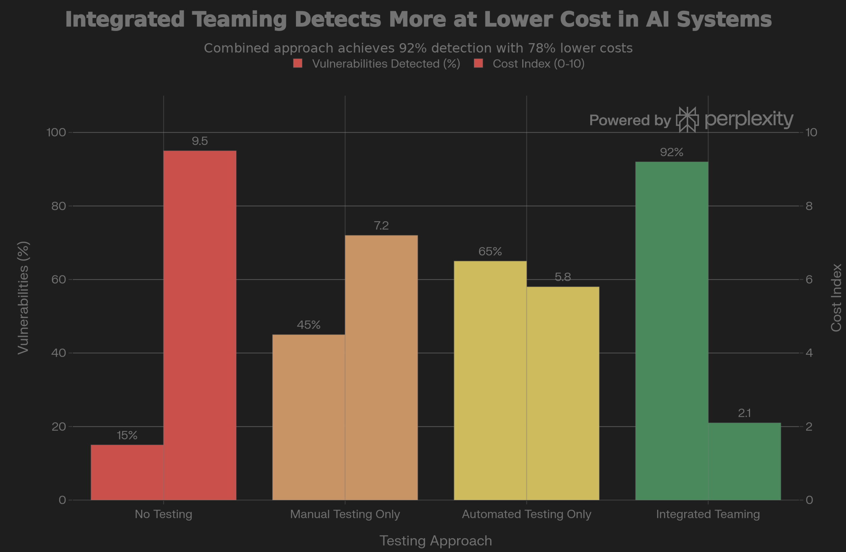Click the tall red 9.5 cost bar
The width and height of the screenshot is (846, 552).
(200, 325)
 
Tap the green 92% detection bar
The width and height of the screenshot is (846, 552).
(671, 331)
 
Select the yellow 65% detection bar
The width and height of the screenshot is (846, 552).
(490, 380)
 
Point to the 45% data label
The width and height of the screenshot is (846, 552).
(308, 325)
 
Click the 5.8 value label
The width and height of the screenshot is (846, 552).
(563, 277)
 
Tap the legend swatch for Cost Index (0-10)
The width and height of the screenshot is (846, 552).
(478, 64)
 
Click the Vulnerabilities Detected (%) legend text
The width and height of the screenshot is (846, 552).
(386, 64)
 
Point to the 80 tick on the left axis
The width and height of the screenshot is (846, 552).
(59, 206)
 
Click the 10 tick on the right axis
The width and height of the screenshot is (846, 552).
(811, 132)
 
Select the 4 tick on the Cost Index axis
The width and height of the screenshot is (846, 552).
(809, 353)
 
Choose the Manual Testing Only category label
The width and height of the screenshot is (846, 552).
(345, 514)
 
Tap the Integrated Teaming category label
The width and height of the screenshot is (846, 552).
(708, 514)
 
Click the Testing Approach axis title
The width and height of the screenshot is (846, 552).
(436, 541)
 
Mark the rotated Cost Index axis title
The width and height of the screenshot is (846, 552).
(836, 298)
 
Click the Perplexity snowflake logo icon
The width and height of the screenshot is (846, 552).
(687, 120)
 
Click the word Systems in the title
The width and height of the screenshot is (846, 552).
(724, 19)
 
